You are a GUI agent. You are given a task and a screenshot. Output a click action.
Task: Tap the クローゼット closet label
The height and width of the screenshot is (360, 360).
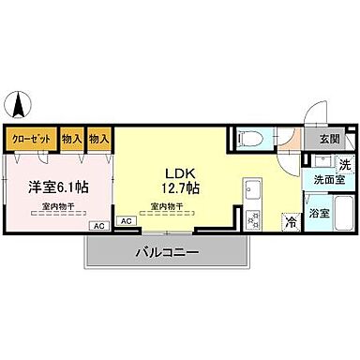click(x=31, y=139)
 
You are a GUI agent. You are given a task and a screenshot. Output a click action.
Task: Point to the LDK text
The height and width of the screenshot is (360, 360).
click(x=179, y=173)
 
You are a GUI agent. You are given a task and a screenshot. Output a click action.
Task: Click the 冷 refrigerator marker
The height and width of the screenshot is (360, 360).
click(x=291, y=222)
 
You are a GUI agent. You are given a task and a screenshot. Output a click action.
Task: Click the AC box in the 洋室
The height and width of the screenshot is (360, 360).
click(x=97, y=226)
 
